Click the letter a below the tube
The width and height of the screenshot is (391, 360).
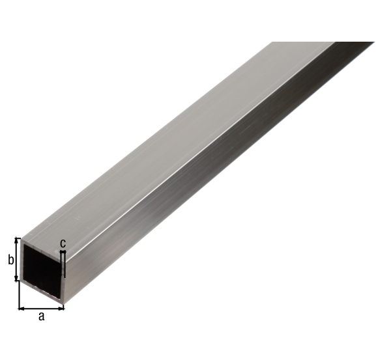42,316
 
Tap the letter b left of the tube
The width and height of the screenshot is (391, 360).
10,260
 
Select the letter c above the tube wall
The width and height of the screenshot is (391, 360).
63,243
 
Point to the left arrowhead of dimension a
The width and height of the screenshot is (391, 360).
22,309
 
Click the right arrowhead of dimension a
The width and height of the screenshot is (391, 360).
61,309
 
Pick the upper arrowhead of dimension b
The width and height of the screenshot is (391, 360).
17,240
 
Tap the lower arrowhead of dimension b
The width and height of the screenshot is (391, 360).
17,278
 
